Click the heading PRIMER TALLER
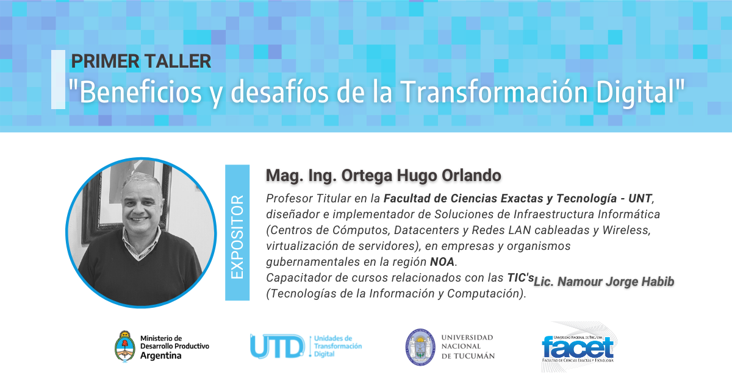141,61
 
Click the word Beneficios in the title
140,92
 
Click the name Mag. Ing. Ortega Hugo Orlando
383,176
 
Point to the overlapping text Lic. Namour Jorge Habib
604,282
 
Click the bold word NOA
442,262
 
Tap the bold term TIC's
520,277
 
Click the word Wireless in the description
626,230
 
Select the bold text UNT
640,199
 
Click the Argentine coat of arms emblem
125,347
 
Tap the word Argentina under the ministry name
161,355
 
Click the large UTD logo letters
278,346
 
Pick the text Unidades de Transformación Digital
338,346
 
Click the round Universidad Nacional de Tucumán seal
420,347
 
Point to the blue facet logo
578,347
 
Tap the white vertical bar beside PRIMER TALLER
58,79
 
